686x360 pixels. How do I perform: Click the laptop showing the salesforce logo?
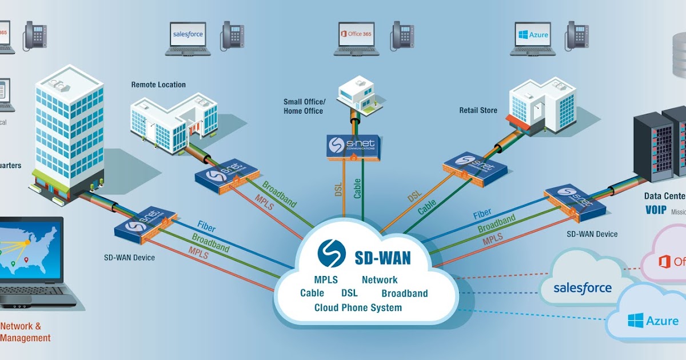tap(188, 38)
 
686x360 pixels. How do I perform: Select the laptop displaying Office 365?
tap(356, 38)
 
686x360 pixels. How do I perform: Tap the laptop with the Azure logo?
tap(533, 38)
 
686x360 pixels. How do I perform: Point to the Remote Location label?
tap(158, 85)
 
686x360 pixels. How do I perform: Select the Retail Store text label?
tap(478, 110)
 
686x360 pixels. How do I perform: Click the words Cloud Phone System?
tap(358, 307)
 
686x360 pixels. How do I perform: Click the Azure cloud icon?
tap(646, 320)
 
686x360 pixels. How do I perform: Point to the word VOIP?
tap(656, 210)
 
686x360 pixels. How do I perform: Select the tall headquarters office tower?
tap(69, 137)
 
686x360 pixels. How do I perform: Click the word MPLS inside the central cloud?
tap(326, 280)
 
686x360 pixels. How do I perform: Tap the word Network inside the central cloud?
tap(380, 280)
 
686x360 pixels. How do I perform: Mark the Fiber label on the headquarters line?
tap(206, 226)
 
